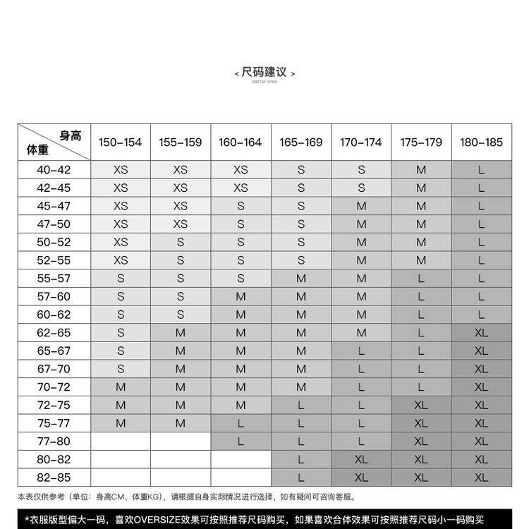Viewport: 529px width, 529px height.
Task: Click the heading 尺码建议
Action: click(x=264, y=72)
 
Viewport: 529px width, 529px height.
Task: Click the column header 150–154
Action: click(x=121, y=142)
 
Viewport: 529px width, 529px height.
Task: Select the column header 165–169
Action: click(x=301, y=142)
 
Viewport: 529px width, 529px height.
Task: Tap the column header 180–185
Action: click(x=482, y=142)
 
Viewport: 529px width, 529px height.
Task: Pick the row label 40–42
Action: click(x=54, y=170)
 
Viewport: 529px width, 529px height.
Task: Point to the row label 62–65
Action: click(x=54, y=333)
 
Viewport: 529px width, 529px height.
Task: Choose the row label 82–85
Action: click(x=54, y=478)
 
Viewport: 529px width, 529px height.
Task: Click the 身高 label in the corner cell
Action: click(x=71, y=135)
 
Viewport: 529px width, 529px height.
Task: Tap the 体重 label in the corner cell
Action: click(x=37, y=150)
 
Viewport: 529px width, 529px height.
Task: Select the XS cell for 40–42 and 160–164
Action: click(x=241, y=170)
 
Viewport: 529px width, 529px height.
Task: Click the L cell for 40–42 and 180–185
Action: click(x=482, y=170)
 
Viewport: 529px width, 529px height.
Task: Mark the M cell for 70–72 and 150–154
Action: click(x=121, y=387)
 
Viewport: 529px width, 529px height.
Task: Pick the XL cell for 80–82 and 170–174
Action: click(x=361, y=459)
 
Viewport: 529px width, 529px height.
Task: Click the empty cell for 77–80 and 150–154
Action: click(x=121, y=442)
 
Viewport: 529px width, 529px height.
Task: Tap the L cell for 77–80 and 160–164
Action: click(x=241, y=442)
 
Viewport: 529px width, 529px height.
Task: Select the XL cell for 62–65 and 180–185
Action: click(x=482, y=333)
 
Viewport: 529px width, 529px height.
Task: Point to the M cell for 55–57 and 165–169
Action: click(x=301, y=279)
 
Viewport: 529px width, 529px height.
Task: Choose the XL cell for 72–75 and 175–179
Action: click(x=421, y=406)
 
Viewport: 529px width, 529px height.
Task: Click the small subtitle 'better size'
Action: click(x=264, y=82)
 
